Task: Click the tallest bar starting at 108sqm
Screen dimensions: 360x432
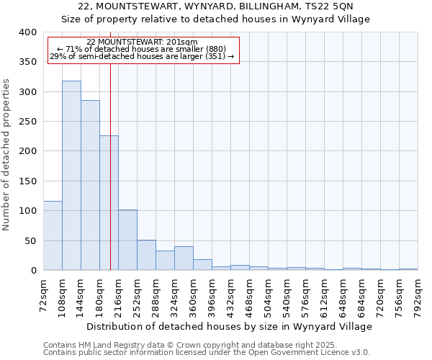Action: click(x=71, y=176)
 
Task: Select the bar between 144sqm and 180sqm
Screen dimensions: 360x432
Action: click(x=90, y=185)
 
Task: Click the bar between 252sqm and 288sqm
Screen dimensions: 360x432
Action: click(x=146, y=255)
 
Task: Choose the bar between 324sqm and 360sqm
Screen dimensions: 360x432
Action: click(x=184, y=258)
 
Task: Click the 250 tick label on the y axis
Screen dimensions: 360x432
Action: click(x=27, y=122)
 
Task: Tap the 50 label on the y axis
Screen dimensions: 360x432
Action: click(x=30, y=240)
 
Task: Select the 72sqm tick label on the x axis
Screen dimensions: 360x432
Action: click(x=44, y=295)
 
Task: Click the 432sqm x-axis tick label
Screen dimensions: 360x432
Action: click(x=231, y=295)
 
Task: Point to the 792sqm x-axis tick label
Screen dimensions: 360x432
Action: click(x=418, y=295)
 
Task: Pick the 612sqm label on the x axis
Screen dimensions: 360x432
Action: click(x=325, y=295)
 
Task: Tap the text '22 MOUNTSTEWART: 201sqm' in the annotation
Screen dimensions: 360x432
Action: click(x=141, y=42)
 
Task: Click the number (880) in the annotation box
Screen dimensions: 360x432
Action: click(x=215, y=49)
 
